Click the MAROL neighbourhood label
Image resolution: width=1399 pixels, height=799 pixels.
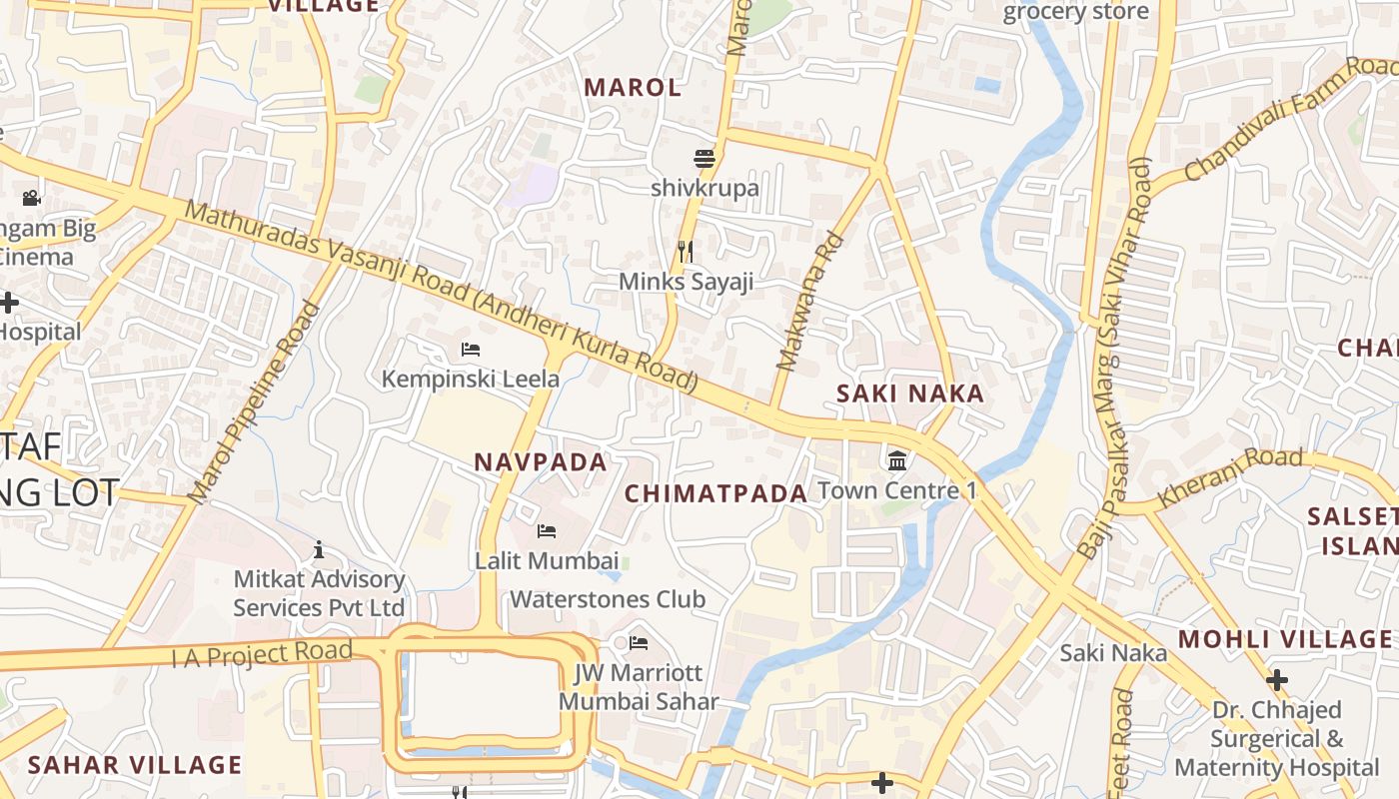point(633,88)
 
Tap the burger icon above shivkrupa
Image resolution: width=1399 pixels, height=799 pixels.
point(704,159)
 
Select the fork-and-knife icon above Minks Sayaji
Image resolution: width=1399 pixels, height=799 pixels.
point(686,251)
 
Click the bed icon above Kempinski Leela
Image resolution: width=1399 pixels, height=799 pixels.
point(471,350)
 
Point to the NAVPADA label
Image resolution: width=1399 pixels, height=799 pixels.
point(541,462)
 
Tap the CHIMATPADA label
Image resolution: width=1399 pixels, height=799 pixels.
point(715,493)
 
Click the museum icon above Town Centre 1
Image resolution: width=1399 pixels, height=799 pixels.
point(897,460)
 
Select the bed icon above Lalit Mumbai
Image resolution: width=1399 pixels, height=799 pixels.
point(546,530)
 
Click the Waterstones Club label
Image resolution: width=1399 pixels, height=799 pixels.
point(608,599)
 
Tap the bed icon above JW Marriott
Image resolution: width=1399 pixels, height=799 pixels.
point(639,642)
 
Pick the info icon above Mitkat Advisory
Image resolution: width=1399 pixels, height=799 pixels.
point(319,549)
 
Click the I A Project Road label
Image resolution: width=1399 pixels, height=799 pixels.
point(262,654)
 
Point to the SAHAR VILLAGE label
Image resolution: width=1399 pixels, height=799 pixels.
point(135,765)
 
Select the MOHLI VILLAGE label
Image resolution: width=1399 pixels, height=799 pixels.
point(1284,639)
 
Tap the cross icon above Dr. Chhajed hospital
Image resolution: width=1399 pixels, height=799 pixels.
point(1276,681)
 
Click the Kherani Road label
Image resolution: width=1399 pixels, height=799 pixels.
point(1230,477)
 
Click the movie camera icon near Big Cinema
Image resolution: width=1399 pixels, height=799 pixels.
point(31,198)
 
